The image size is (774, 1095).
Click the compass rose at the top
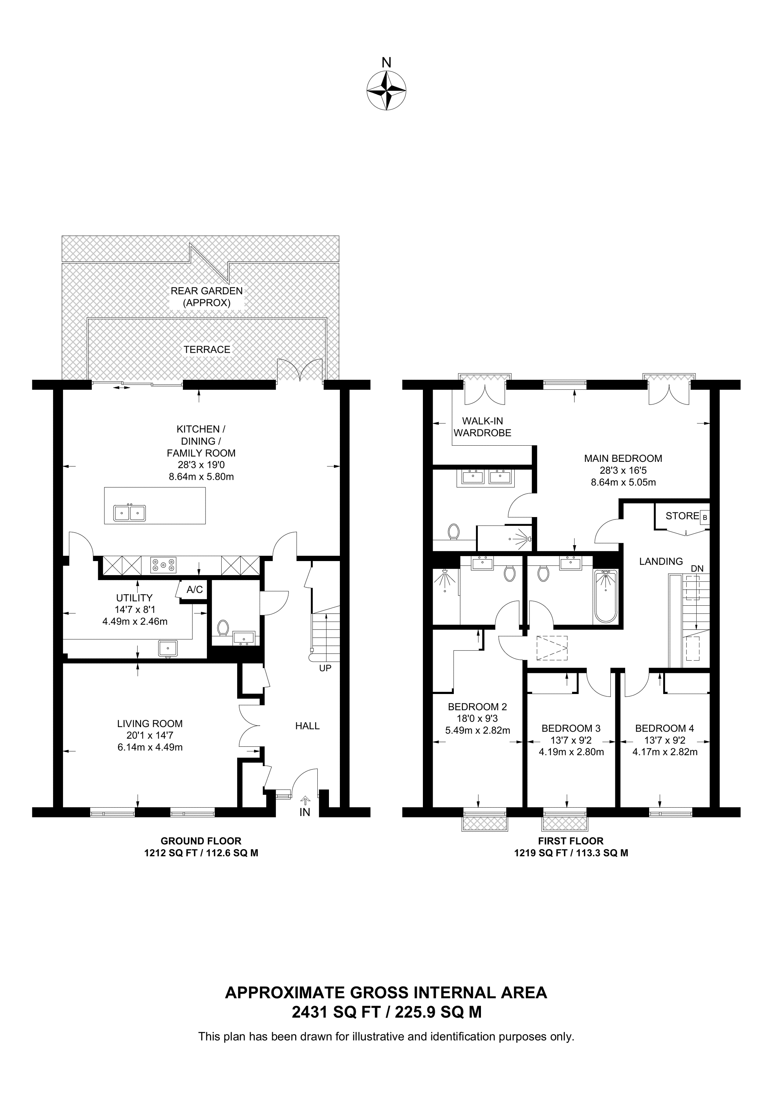pyautogui.click(x=386, y=91)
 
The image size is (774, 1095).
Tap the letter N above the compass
pyautogui.click(x=386, y=63)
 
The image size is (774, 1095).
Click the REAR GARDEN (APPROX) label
pyautogui.click(x=207, y=297)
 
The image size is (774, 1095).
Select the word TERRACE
pyautogui.click(x=207, y=350)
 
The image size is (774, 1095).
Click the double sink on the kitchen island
pyautogui.click(x=129, y=513)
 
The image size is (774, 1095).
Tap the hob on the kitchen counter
pyautogui.click(x=164, y=565)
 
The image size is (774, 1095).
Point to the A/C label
pyautogui.click(x=195, y=590)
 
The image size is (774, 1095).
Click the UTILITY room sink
pyautogui.click(x=168, y=648)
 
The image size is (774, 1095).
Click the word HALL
pyautogui.click(x=307, y=726)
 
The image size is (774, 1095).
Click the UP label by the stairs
pyautogui.click(x=325, y=668)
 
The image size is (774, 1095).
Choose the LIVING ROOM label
pyautogui.click(x=150, y=724)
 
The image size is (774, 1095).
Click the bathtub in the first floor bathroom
pyautogui.click(x=606, y=597)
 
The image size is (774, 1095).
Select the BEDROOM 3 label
pyautogui.click(x=571, y=728)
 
